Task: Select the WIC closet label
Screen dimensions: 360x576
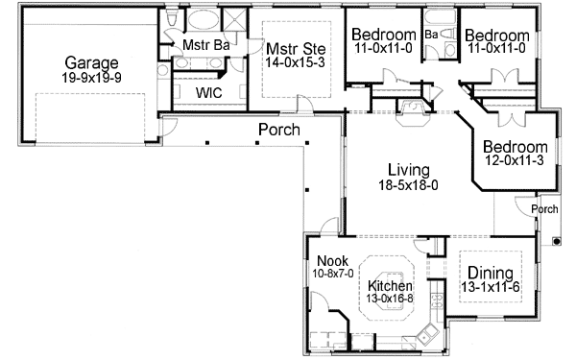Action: point(210,93)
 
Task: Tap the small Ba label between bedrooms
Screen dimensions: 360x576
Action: point(432,34)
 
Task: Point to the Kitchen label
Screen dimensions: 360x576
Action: point(391,286)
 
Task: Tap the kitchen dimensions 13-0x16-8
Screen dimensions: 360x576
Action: point(391,300)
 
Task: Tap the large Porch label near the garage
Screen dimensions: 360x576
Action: point(279,130)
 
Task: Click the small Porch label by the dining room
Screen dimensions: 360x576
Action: point(545,208)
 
